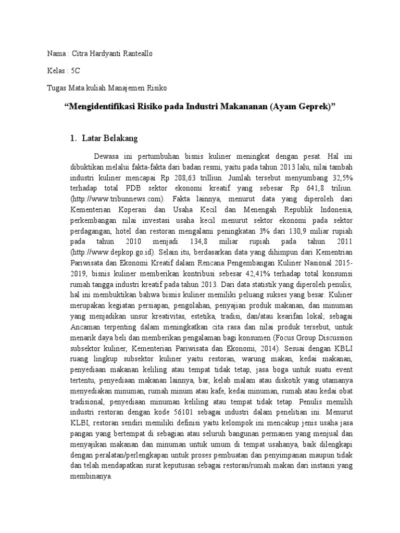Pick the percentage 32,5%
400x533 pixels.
pyautogui.click(x=342, y=177)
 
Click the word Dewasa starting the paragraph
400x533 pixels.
pyautogui.click(x=106, y=156)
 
